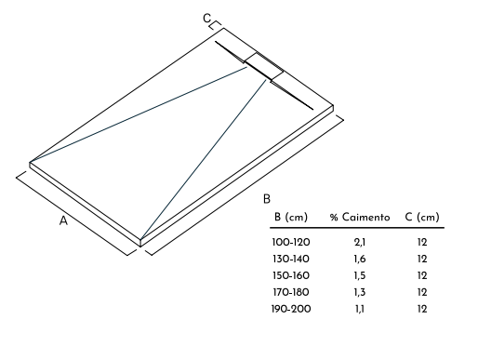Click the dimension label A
click(x=63, y=220)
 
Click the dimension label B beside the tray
click(x=266, y=199)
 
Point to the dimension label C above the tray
click(x=206, y=19)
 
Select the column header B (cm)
click(x=291, y=217)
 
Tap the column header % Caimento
click(x=360, y=217)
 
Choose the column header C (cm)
click(x=422, y=217)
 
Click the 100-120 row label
click(x=291, y=242)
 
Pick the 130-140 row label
click(x=291, y=259)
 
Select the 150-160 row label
click(x=291, y=275)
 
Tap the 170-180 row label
click(x=291, y=292)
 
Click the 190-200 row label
click(x=291, y=309)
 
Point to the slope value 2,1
click(x=360, y=243)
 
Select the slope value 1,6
click(x=360, y=260)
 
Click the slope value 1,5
click(x=360, y=276)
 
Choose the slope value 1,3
click(x=360, y=293)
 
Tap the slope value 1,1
click(x=360, y=310)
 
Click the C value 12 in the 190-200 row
click(x=422, y=309)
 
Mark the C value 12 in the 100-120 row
click(x=422, y=242)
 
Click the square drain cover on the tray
click(x=264, y=66)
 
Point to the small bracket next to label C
click(x=215, y=26)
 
